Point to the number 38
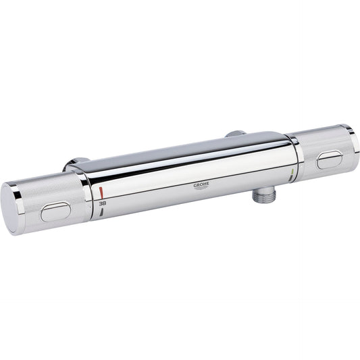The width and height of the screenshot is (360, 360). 101,202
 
